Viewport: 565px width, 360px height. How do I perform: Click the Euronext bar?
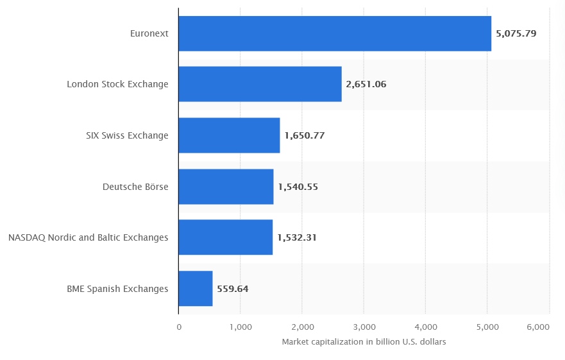[335, 33]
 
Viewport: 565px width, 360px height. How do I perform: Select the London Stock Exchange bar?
[260, 84]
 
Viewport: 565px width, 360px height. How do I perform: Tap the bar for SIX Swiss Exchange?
[229, 135]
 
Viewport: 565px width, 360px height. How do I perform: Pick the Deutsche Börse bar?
[226, 187]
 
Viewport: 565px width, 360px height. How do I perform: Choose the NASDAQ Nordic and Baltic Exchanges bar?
[225, 237]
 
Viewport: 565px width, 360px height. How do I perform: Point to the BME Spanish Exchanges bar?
[195, 289]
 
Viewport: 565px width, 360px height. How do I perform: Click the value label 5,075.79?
[516, 33]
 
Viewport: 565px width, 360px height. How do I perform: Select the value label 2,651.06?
[366, 84]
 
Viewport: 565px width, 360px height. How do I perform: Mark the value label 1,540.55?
[298, 187]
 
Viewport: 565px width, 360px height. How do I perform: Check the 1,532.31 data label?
[297, 237]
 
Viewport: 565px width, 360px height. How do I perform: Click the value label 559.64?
[233, 289]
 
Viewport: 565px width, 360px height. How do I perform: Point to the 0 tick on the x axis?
[179, 327]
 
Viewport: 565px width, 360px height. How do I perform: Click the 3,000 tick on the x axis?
[364, 327]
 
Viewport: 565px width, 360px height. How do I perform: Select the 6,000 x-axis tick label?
[538, 327]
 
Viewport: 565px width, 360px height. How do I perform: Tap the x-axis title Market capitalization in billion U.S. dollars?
[364, 342]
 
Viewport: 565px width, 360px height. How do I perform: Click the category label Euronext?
[149, 33]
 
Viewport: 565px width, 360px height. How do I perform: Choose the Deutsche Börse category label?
[135, 187]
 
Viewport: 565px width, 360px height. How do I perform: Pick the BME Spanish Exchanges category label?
[117, 289]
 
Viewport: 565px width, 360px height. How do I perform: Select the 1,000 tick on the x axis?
[240, 327]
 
